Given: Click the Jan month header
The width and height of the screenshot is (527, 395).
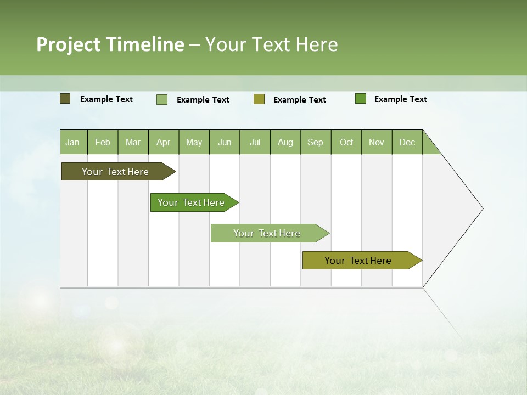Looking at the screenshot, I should tap(72, 142).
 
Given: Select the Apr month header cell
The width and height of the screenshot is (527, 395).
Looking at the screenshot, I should tap(164, 142).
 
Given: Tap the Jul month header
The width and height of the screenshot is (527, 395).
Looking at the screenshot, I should tap(255, 142).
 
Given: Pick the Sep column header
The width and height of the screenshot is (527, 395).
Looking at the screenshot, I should tap(315, 142).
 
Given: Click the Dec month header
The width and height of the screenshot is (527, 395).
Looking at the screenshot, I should tap(407, 142).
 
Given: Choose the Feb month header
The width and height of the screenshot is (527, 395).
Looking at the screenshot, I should tap(103, 142).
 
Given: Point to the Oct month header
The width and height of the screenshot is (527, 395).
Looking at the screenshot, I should tap(346, 142).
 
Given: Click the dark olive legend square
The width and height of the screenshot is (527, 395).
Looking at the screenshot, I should tap(65, 99).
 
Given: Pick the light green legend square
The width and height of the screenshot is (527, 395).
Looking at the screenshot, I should tap(162, 99).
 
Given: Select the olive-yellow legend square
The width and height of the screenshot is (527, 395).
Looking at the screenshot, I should tap(259, 99).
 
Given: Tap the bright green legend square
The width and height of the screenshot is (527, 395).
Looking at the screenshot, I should tap(361, 99).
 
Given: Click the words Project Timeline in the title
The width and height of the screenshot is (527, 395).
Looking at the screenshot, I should tap(110, 44).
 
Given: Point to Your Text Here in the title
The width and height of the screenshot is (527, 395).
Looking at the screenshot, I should tap(271, 44).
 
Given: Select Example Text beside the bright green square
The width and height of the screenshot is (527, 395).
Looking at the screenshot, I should tap(400, 99).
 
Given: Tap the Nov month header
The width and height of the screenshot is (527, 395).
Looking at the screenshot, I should tap(377, 142).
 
